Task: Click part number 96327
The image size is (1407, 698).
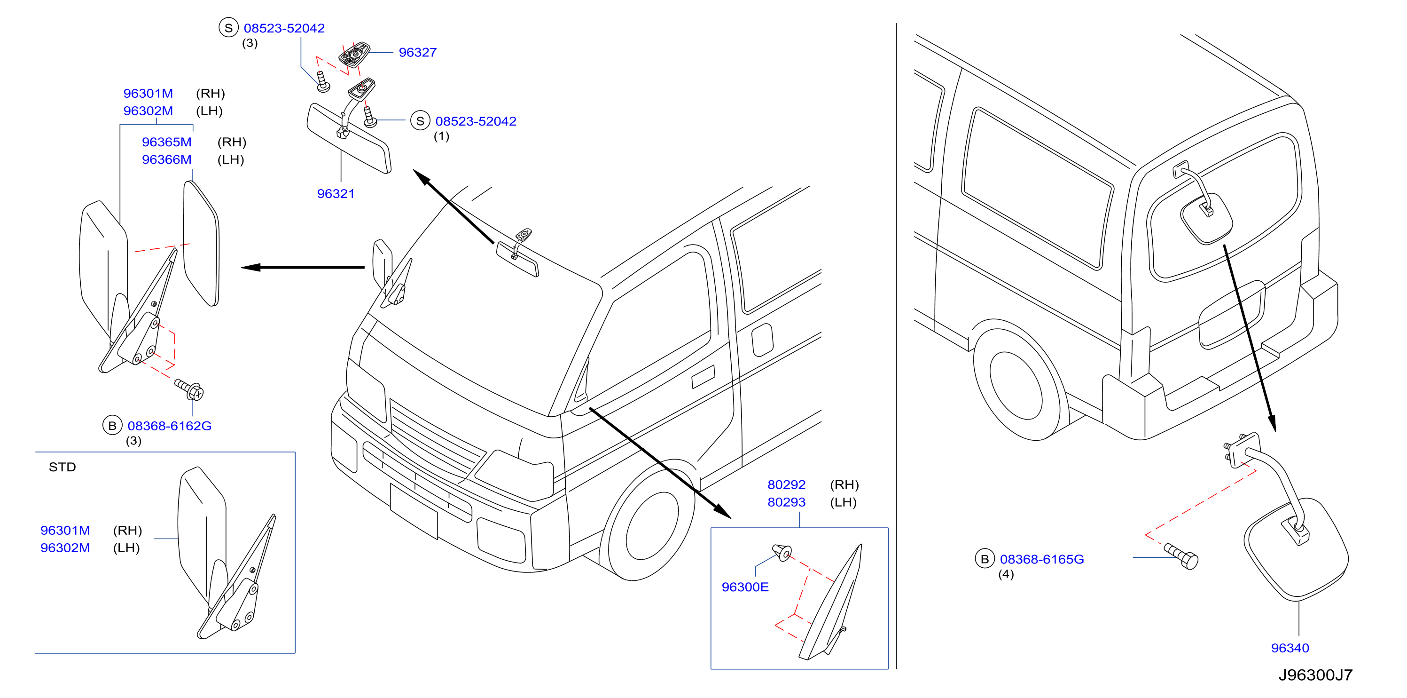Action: click(417, 53)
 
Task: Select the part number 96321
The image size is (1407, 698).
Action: click(336, 193)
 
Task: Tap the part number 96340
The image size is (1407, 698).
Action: click(1290, 648)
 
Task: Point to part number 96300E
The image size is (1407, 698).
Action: click(745, 587)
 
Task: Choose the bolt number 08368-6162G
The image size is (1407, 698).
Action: click(169, 426)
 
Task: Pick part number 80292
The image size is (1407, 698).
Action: click(786, 484)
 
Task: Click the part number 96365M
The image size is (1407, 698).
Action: click(166, 142)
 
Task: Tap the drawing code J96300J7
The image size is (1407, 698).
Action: click(1315, 675)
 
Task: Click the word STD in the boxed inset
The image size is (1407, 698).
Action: click(62, 467)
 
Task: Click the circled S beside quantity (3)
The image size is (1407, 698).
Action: click(228, 28)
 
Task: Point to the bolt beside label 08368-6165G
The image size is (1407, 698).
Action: click(1181, 556)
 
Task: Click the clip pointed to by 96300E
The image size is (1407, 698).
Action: click(782, 552)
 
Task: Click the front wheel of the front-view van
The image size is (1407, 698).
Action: click(650, 525)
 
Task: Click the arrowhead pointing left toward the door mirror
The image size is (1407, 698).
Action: click(250, 267)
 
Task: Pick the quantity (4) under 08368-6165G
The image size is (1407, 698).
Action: click(1006, 574)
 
